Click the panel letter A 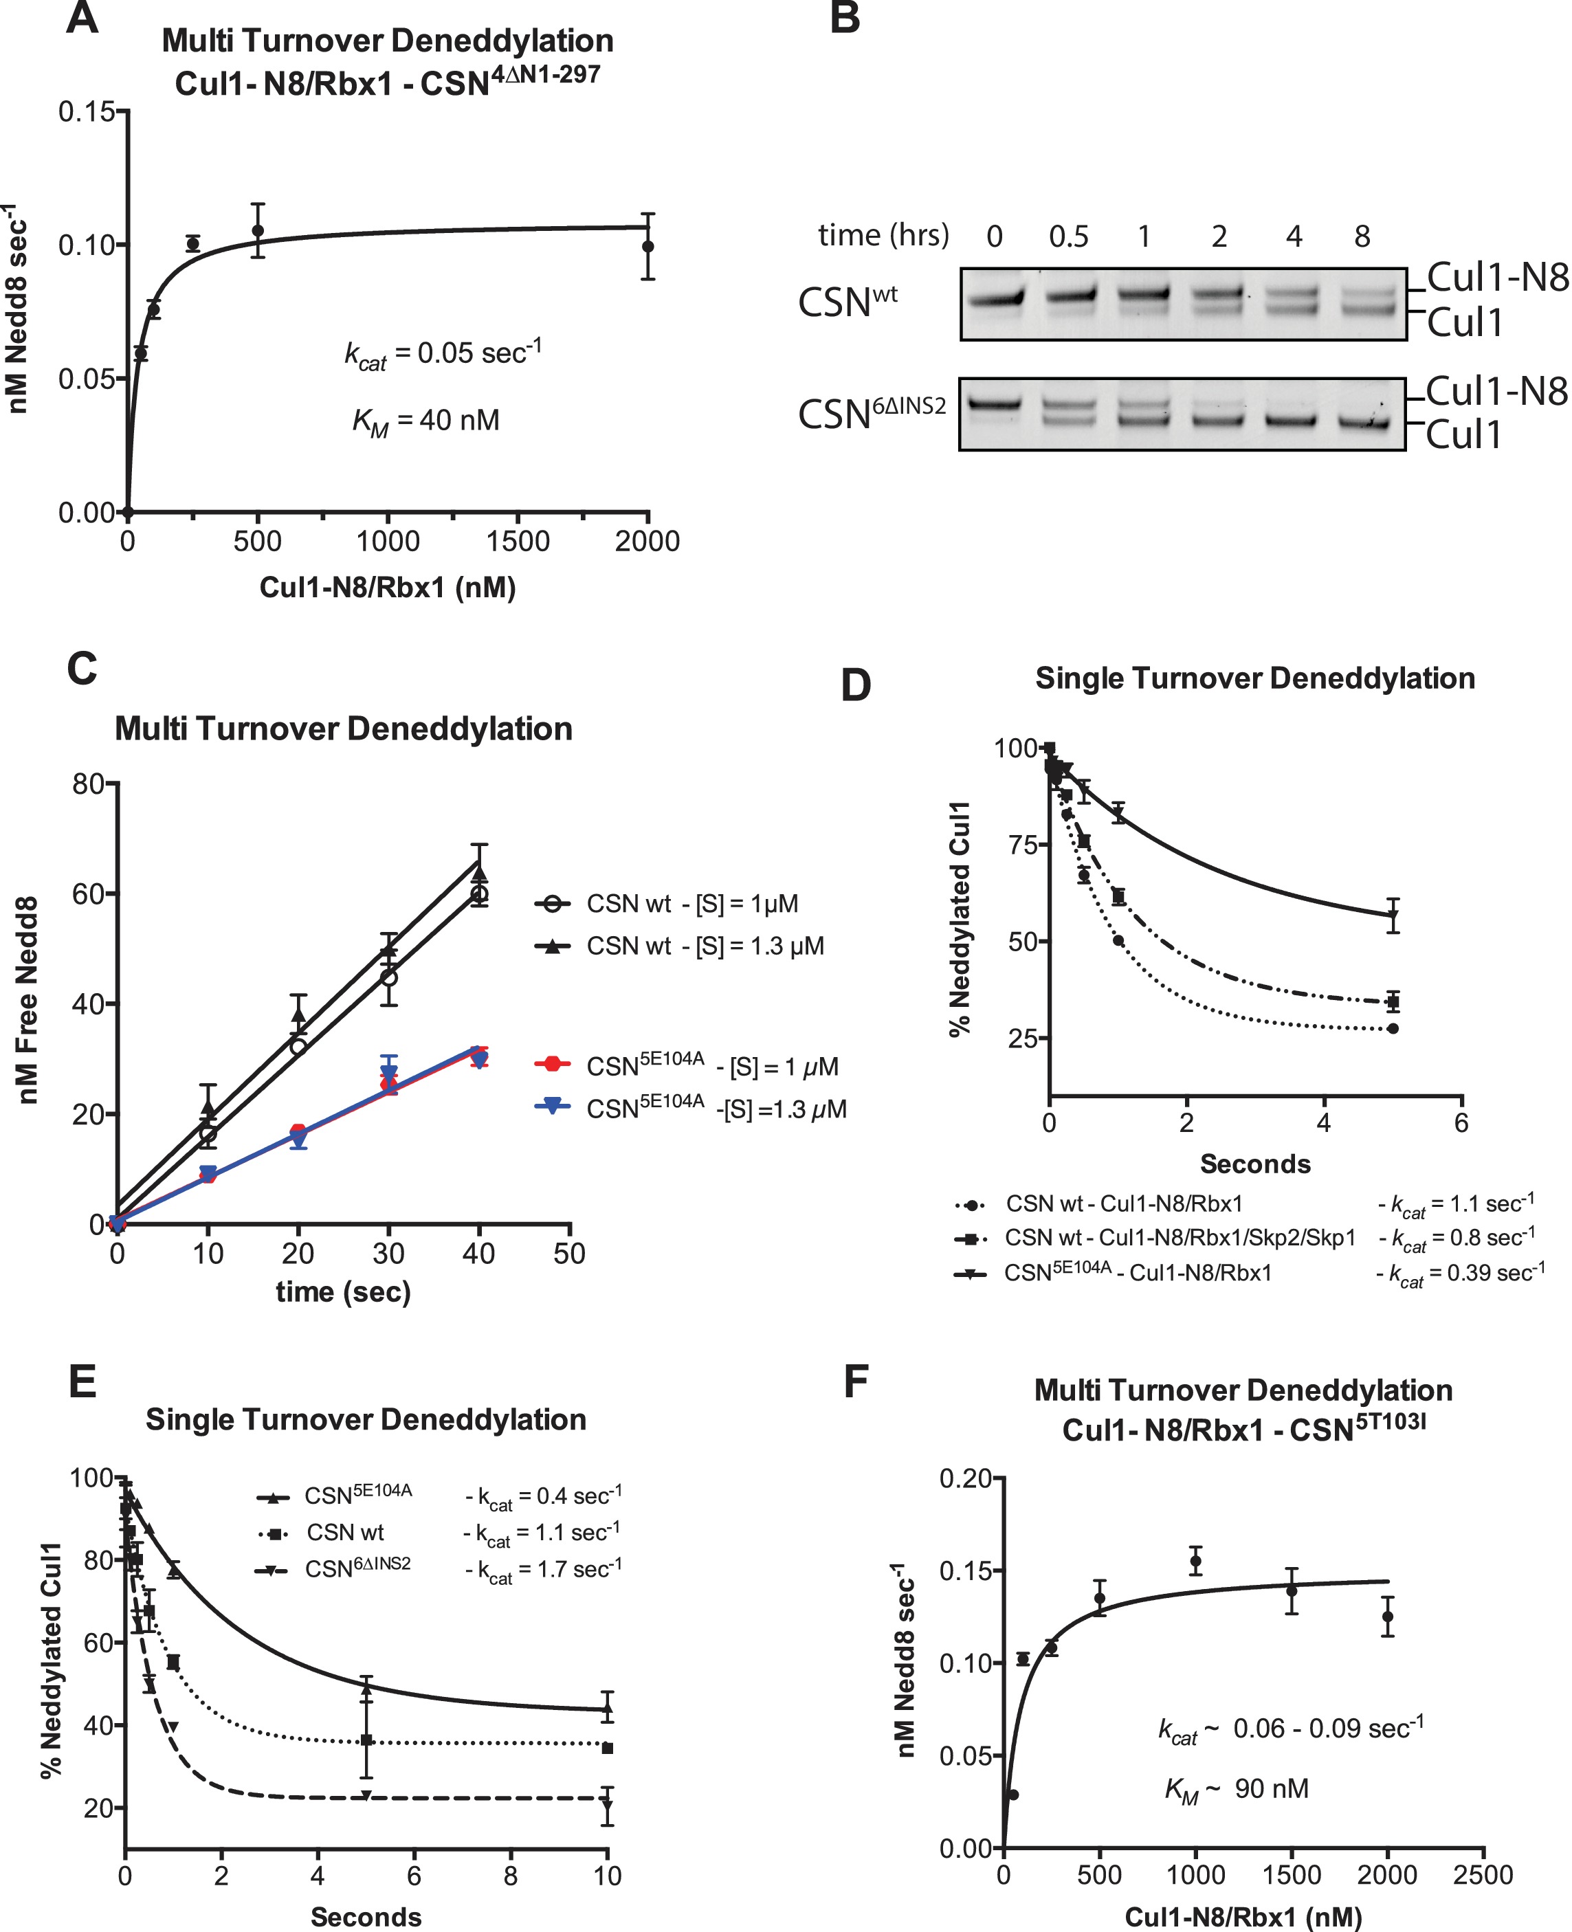[82, 18]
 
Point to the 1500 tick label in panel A [518, 542]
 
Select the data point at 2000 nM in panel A [647, 246]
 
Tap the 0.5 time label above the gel [1069, 237]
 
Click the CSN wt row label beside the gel [847, 302]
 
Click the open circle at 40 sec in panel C [479, 894]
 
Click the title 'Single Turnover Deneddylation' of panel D [1255, 678]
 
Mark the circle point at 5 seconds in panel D [1393, 1028]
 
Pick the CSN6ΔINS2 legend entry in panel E [357, 1568]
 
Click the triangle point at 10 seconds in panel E [608, 1710]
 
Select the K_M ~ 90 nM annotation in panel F [1237, 1789]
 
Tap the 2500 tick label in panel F [1483, 1874]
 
